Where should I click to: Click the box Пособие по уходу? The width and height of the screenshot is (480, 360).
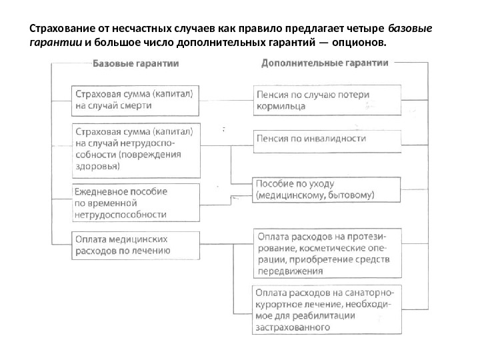[327, 189]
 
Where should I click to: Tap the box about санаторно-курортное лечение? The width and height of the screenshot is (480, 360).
[327, 309]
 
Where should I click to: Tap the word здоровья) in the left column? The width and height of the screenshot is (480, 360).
[99, 167]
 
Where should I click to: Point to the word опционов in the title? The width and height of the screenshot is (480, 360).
[361, 43]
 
